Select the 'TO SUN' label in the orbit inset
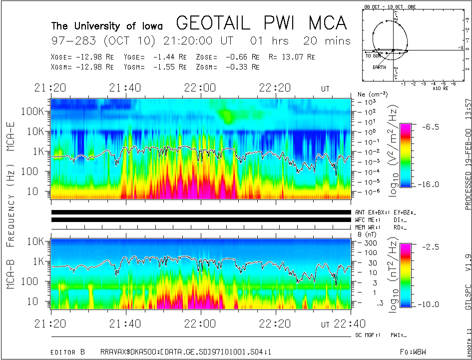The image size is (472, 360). (374, 55)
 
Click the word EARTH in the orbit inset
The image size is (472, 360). (379, 67)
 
